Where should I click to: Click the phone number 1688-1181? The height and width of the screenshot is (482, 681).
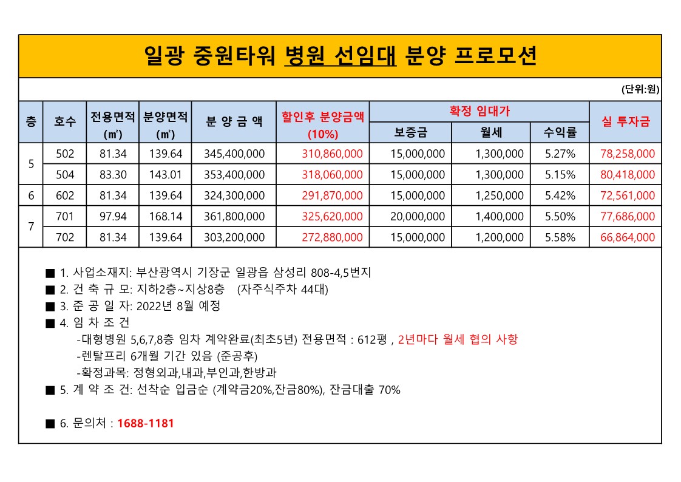pos(145,423)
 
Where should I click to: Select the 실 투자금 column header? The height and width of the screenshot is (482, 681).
pos(625,121)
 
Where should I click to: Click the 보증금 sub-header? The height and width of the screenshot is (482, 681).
pos(410,132)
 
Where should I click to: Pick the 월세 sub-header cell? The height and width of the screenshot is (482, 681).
pos(490,132)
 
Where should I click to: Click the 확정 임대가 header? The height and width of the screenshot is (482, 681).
pos(479,111)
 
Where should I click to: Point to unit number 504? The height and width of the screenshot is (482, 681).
pos(65,175)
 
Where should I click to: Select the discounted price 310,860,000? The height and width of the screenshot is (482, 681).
pos(332,154)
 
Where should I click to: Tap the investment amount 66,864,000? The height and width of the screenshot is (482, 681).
pos(628,237)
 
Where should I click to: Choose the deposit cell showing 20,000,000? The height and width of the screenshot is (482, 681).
pos(418,217)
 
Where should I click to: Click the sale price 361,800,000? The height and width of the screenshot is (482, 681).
pos(235,217)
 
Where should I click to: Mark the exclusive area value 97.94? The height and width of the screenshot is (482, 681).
pos(113,217)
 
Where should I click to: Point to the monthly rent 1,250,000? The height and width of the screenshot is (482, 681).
pos(499,195)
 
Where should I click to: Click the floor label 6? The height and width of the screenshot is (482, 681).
pos(31,195)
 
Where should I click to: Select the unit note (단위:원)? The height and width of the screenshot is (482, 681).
pos(640,90)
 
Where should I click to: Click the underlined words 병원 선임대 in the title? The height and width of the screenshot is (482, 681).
pos(340,56)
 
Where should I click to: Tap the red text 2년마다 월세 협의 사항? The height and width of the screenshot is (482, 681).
pos(458,339)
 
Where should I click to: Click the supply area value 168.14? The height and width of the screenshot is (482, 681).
pos(166,217)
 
